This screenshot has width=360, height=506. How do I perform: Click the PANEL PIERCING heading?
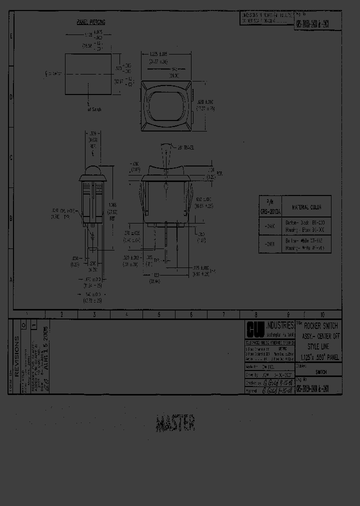coord(90,22)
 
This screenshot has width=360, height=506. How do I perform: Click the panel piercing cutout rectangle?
coord(88,74)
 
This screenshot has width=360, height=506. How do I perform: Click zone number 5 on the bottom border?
coord(158,314)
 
